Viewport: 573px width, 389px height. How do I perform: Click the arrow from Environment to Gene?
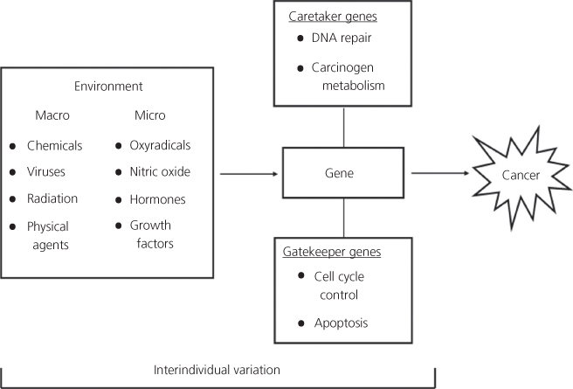pos(248,175)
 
